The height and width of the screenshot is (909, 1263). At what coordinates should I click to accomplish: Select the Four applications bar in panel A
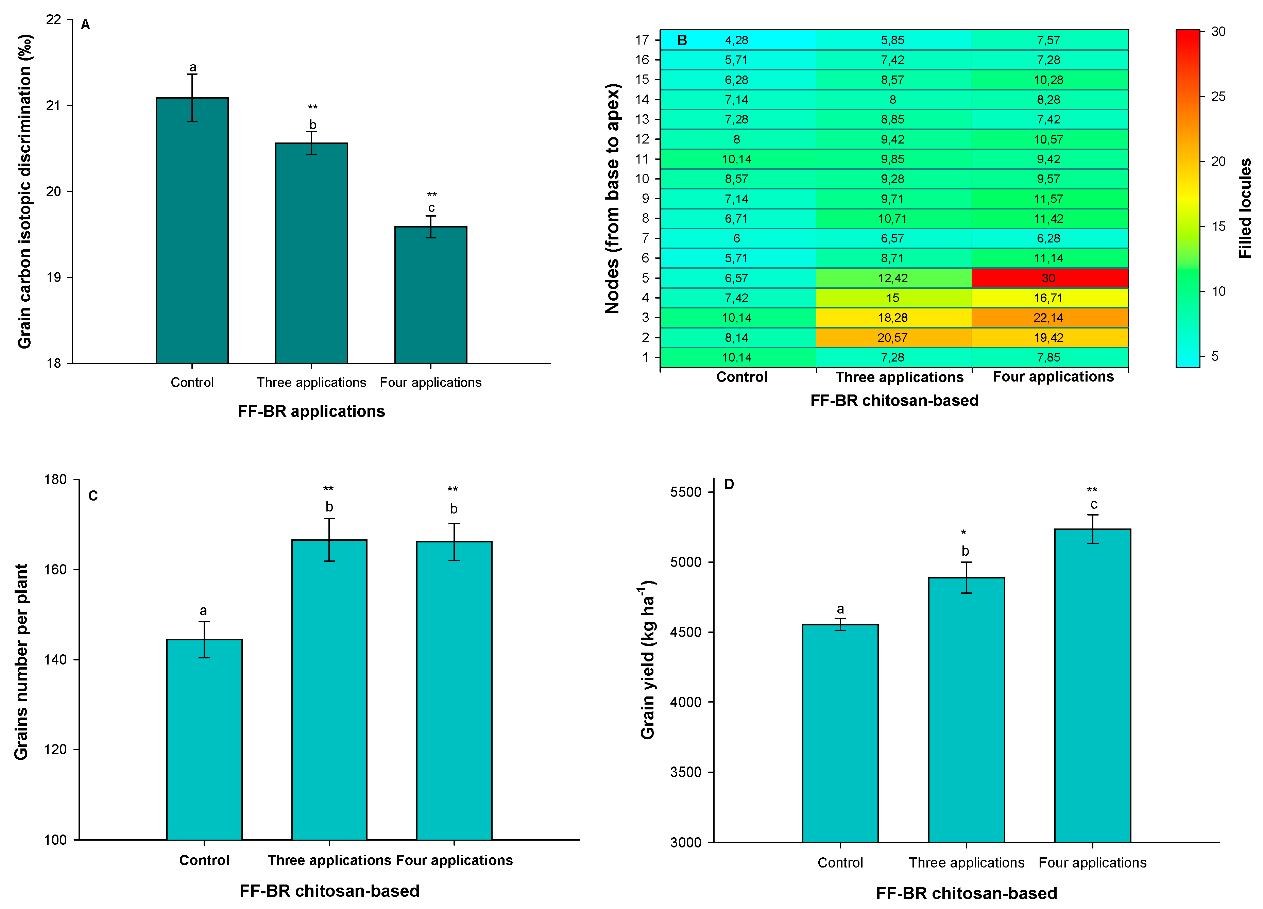[430, 295]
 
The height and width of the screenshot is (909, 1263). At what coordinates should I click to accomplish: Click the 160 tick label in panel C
[55, 570]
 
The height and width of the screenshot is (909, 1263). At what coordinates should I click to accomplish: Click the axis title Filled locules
[1245, 208]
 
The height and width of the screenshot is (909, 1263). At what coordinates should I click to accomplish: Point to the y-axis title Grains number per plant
[21, 662]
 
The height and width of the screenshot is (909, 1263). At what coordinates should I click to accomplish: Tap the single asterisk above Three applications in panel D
[963, 533]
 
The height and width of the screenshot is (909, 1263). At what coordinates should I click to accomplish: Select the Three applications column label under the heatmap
[899, 377]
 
